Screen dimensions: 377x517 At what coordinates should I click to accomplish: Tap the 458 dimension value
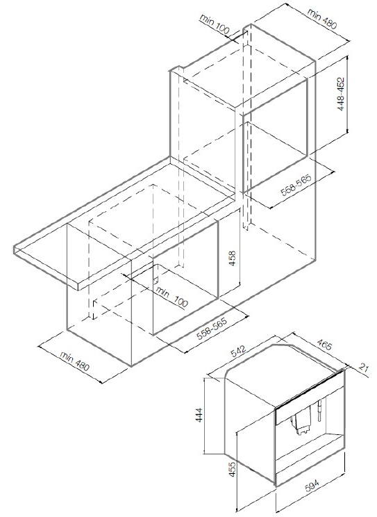coord(232,258)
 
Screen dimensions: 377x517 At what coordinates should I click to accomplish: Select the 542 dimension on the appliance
coord(238,351)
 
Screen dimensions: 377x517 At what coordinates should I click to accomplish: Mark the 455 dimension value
coord(233,469)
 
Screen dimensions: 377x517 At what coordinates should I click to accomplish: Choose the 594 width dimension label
coord(312,486)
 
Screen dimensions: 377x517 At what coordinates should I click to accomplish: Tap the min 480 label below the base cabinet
coord(75,361)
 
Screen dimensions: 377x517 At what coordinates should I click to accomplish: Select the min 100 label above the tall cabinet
coord(215,24)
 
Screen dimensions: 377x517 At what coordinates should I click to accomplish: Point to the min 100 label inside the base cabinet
coord(171,297)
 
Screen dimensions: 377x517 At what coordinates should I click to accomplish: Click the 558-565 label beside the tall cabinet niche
coord(296,185)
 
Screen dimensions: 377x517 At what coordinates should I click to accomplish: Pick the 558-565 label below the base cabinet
coord(212,329)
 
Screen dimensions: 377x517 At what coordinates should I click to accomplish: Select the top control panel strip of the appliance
coord(309,395)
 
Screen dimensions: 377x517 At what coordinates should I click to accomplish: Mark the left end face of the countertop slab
coord(46,268)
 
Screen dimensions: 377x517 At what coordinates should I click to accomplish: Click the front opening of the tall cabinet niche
coord(275,136)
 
